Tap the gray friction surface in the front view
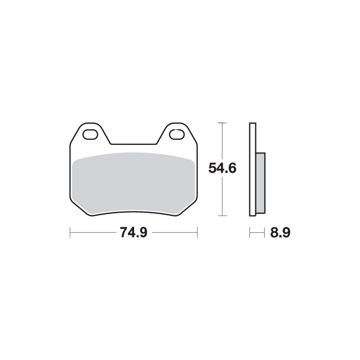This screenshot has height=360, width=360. click(133, 180)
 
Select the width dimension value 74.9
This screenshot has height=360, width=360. click(134, 233)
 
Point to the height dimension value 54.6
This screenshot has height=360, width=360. click(222, 168)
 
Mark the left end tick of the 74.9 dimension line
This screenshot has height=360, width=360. click(70, 233)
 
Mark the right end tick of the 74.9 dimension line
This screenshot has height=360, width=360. click(198, 233)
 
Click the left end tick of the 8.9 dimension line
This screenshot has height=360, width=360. click(250, 233)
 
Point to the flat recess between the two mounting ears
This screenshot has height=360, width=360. click(134, 144)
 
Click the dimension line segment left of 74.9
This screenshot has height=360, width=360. click(92, 233)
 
